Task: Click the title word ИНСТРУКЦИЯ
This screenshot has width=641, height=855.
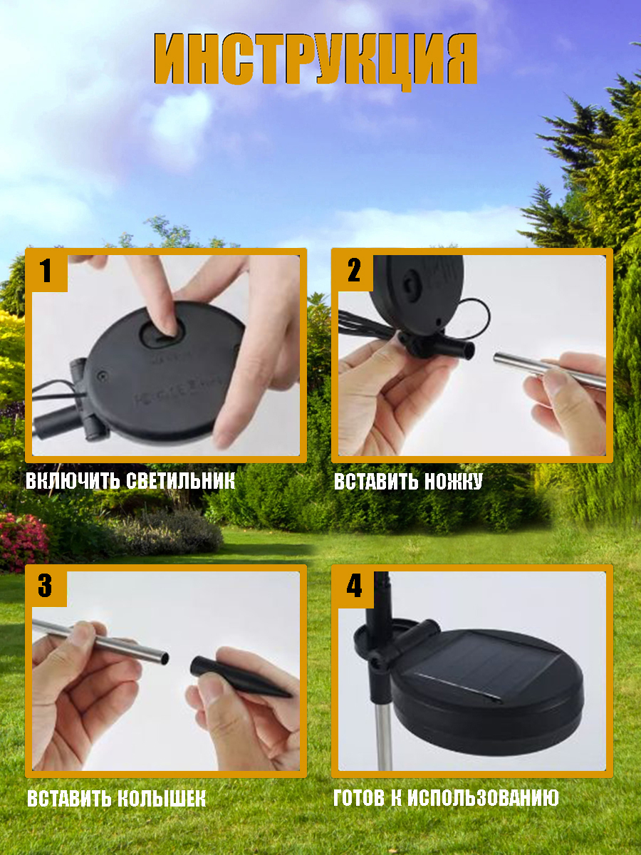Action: pos(316,61)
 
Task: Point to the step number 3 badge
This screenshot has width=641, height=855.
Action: pos(45,586)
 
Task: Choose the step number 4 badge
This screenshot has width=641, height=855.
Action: pos(354,586)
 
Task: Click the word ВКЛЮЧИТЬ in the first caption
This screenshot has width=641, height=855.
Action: pos(73,481)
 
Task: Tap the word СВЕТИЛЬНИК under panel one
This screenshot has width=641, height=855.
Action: pos(182,481)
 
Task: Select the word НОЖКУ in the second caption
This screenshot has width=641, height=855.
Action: pos(454,482)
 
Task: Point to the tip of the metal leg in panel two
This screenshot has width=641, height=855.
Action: pos(497,358)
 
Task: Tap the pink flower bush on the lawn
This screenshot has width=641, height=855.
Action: pos(24,541)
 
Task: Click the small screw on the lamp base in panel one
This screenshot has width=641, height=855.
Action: pos(103,376)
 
